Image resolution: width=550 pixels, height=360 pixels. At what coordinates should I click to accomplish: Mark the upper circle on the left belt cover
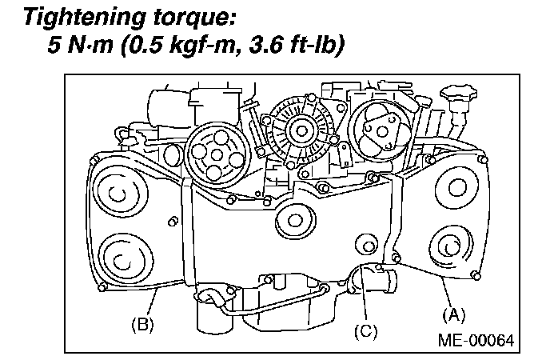[119, 193]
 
